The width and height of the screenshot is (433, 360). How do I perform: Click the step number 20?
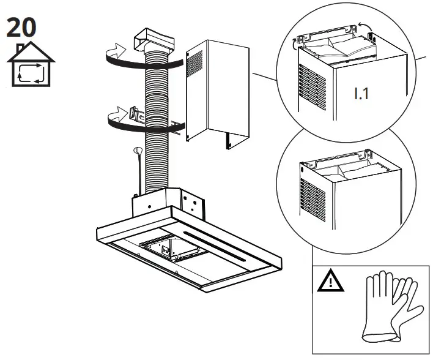tap(21, 27)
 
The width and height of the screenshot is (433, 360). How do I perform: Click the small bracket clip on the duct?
tap(137, 113)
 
